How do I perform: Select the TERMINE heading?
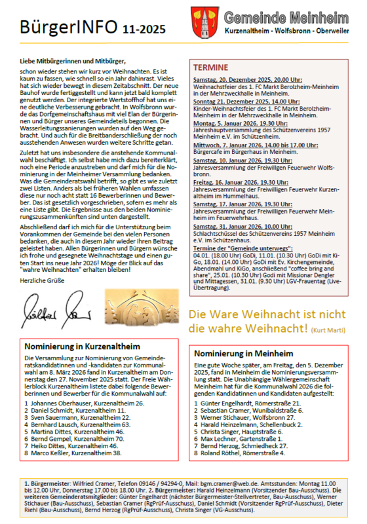[211, 67]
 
